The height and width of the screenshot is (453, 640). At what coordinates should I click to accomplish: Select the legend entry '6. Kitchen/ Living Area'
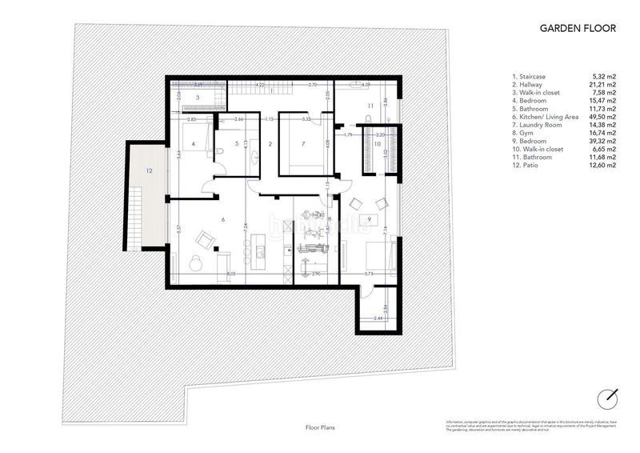pos(546,117)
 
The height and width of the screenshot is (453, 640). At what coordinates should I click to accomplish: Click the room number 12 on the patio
pos(149,170)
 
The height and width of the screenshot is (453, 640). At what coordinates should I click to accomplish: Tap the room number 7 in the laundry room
pos(303,145)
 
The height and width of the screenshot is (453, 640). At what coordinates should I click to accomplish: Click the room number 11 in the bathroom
pos(370,106)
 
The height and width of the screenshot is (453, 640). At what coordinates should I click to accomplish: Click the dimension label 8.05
pos(231,275)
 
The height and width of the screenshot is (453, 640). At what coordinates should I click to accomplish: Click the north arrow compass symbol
pos(609,396)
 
